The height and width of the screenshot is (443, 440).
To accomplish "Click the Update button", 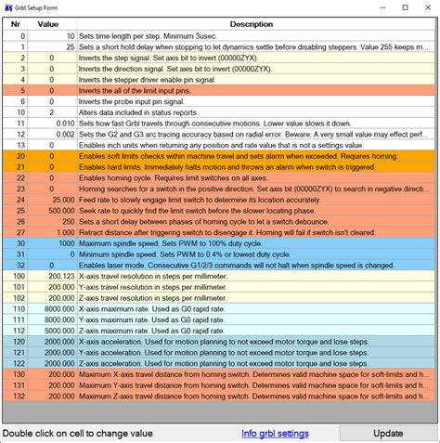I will [388, 433].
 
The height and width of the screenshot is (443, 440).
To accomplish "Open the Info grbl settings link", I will [275, 433].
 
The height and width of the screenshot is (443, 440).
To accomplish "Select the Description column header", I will [251, 23].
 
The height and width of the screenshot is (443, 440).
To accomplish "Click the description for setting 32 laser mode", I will [251, 265].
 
